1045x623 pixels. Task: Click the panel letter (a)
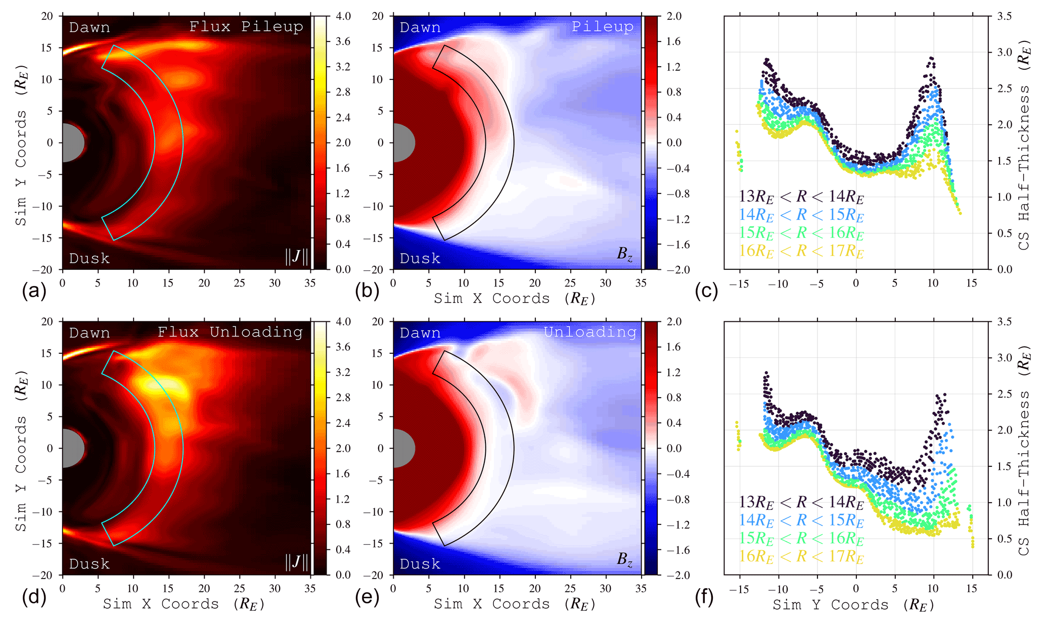tap(34, 292)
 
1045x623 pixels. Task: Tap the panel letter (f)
tap(704, 597)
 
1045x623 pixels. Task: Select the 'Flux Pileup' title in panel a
tap(246, 26)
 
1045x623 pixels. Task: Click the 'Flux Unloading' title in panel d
tap(230, 332)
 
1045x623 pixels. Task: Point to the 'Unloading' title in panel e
tap(589, 332)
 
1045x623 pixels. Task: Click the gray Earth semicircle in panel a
tap(72, 142)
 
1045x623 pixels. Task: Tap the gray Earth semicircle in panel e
tap(402, 448)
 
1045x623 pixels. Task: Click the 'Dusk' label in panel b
tap(420, 259)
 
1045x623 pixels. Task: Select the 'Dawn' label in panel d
tap(89, 333)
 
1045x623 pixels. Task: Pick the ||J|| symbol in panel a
tap(296, 256)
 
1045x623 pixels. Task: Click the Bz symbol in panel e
tap(624, 559)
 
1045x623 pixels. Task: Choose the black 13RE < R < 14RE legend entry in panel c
tap(801, 196)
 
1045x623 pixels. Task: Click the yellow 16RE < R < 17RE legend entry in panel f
tap(801, 556)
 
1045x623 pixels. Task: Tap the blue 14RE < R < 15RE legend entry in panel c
tap(801, 214)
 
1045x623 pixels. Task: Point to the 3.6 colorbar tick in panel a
tap(343, 41)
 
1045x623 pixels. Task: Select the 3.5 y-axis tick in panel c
tap(1004, 16)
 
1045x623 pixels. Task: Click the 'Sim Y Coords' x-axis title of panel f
tap(853, 605)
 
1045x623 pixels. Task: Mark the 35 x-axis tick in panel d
tap(310, 589)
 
